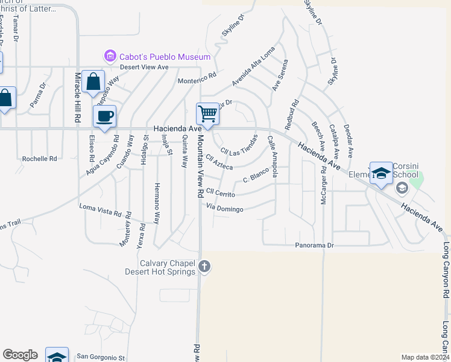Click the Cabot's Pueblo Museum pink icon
pos(110,57)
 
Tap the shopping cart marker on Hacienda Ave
pos(207,113)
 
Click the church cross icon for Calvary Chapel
pos(204,266)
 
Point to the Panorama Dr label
pos(314,246)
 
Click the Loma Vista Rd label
pos(106,210)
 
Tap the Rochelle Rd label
pos(39,159)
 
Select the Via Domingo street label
pos(224,209)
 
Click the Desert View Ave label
pos(143,67)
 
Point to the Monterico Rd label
pos(197,79)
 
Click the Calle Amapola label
pos(272,156)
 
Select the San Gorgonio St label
pos(104,357)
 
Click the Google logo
pos(20,355)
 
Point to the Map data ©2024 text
pos(425,357)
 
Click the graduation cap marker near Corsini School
pos(381,174)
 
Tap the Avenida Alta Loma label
pos(253,66)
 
